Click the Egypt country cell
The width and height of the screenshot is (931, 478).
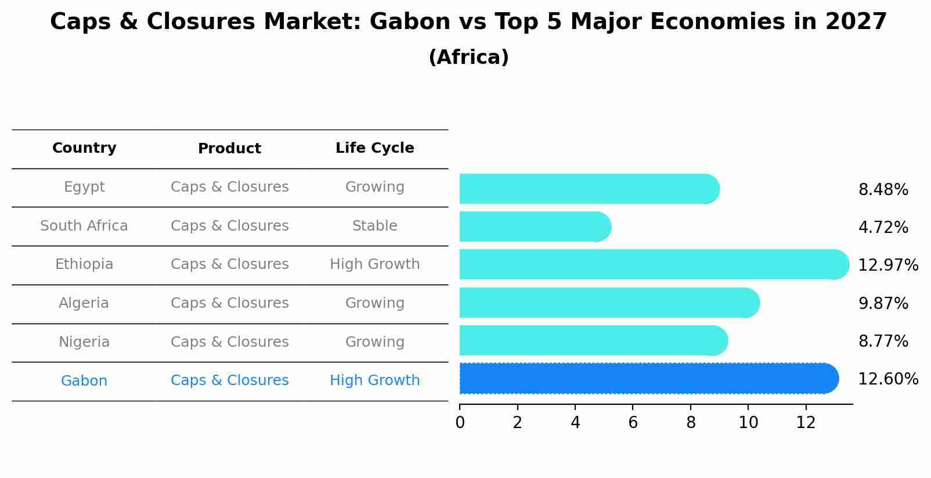click(x=84, y=187)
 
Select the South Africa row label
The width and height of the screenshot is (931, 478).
click(x=84, y=226)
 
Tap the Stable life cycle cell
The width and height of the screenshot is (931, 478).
click(x=374, y=226)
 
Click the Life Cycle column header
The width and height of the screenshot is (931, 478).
click(x=374, y=148)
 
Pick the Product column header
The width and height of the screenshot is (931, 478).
click(x=229, y=149)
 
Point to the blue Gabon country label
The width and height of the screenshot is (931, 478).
click(x=84, y=381)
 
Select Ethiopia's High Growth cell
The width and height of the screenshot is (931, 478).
click(x=374, y=264)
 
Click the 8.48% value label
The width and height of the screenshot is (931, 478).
click(x=883, y=190)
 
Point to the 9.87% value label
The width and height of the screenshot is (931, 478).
click(x=883, y=303)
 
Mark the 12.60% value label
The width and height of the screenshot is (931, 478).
click(x=887, y=379)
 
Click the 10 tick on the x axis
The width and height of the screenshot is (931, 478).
click(x=748, y=423)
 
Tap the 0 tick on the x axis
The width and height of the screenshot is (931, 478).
click(x=460, y=423)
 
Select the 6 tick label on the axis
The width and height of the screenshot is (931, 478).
click(x=633, y=423)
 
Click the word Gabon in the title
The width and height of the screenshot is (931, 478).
click(x=409, y=22)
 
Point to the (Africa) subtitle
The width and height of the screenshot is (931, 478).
click(x=468, y=57)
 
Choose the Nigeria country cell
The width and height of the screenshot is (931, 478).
click(x=84, y=342)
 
